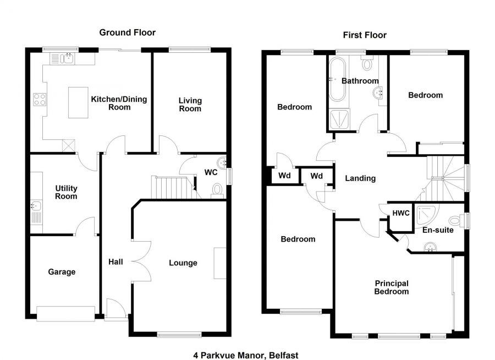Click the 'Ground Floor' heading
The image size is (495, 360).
pos(127,32)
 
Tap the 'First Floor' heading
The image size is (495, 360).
pos(364,35)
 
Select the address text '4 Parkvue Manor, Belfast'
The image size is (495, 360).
pos(245,355)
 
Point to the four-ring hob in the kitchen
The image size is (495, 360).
pos(40,100)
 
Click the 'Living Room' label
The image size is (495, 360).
pos(190,105)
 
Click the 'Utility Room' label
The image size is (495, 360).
pos(66,193)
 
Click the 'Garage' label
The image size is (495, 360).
pos(62,271)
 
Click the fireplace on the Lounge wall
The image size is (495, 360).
pos(220,264)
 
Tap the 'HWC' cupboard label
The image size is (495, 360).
pos(400,213)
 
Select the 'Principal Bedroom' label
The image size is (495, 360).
pos(392,287)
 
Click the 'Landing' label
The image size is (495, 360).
pos(360,178)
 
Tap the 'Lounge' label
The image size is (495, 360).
pos(183,263)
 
